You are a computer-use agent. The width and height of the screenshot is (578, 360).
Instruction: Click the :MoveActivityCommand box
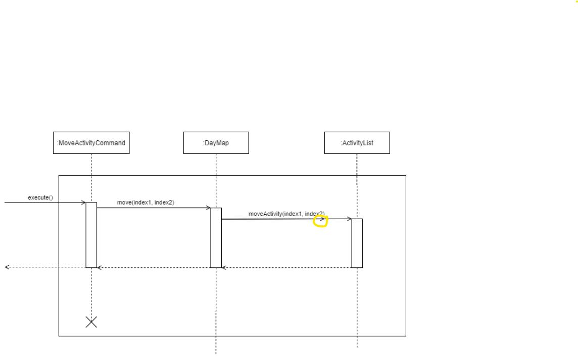[91, 143]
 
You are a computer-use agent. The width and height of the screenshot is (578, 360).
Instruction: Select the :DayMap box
[216, 143]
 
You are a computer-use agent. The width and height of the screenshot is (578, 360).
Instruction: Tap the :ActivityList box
[357, 143]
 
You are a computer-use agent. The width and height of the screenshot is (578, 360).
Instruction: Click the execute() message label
[40, 197]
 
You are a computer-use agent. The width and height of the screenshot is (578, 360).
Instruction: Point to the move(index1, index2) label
[146, 203]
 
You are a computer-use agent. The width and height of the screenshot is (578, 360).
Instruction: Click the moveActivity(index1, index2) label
[286, 214]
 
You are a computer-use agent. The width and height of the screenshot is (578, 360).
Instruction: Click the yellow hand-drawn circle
[320, 221]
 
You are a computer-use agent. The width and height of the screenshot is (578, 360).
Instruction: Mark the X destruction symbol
[91, 322]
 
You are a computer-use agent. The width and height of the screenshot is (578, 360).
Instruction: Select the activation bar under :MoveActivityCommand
[91, 235]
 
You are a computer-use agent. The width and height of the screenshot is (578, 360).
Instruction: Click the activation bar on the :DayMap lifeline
[216, 238]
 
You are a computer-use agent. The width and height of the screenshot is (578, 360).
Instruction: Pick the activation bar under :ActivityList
[357, 243]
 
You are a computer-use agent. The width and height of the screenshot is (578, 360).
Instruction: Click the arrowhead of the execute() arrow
[84, 203]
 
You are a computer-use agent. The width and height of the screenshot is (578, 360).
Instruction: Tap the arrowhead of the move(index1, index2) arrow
[208, 208]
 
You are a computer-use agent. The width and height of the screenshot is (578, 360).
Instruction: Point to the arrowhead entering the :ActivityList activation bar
[350, 219]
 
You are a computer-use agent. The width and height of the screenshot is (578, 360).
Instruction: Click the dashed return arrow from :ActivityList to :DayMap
[286, 268]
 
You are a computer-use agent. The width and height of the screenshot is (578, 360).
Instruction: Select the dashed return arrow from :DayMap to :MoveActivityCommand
[154, 268]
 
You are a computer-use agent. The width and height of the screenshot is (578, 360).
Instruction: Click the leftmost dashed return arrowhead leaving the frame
[7, 267]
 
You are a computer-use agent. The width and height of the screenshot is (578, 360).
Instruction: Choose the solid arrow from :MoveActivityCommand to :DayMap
[154, 208]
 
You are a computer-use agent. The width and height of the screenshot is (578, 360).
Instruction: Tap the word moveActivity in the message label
[265, 214]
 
